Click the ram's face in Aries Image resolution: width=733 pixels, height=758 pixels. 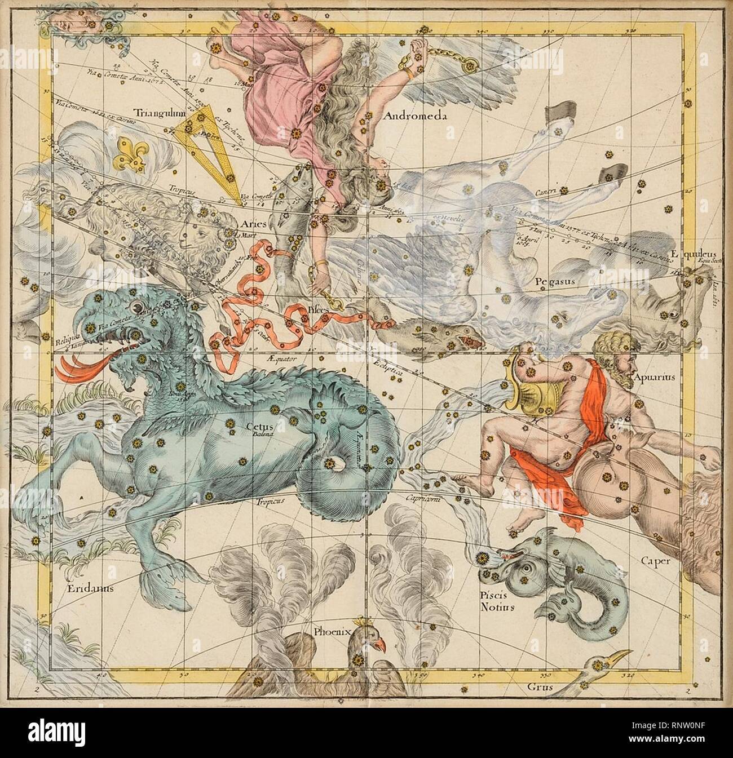pyautogui.click(x=195, y=237)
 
